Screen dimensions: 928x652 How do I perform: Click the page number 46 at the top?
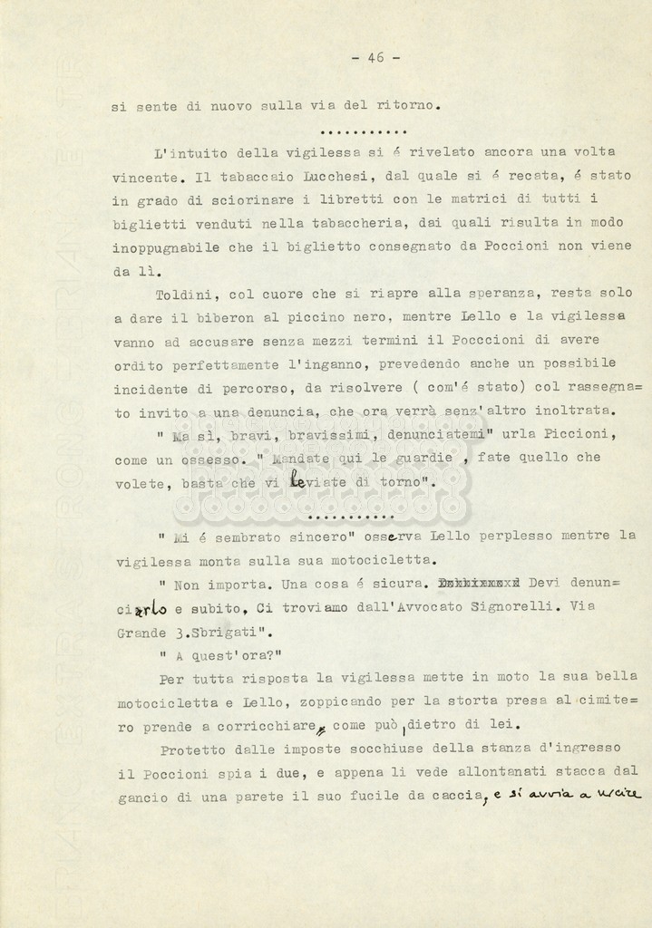[375, 57]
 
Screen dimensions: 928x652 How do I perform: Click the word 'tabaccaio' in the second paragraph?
[239, 177]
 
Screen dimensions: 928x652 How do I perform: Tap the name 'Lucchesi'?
[314, 177]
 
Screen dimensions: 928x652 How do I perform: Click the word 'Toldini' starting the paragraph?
[184, 294]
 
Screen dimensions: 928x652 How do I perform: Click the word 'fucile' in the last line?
[416, 795]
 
